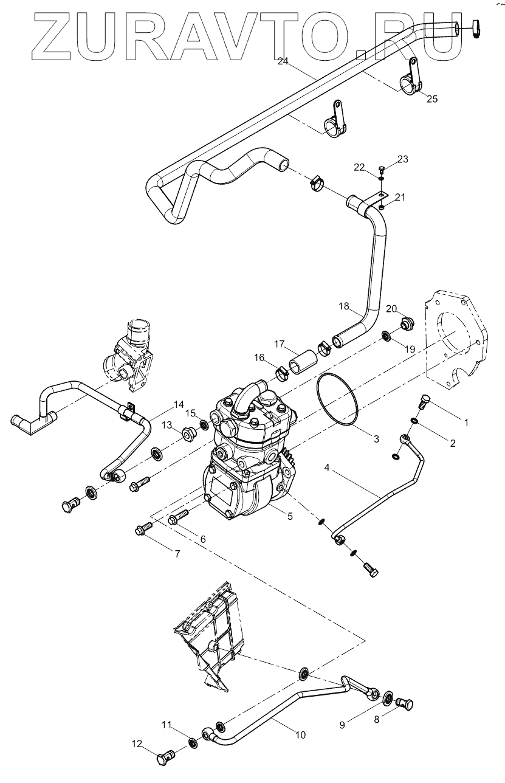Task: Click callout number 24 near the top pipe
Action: [283, 61]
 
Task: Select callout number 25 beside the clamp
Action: [432, 98]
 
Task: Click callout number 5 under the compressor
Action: [290, 516]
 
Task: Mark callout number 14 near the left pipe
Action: [178, 404]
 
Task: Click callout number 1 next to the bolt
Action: [466, 421]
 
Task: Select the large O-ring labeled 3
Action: [337, 399]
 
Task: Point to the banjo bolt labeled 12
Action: [167, 758]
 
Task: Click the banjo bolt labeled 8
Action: [405, 705]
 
